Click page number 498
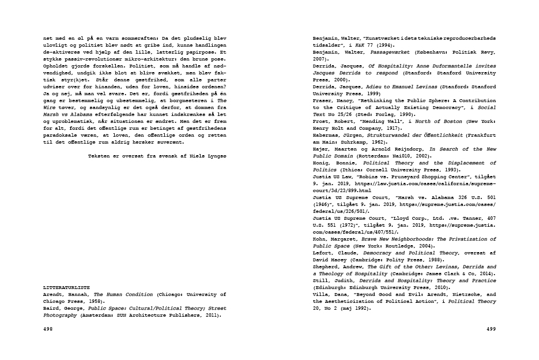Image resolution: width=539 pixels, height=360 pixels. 48,329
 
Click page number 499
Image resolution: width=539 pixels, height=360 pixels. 491,329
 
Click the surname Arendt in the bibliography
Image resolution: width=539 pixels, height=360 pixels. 54,293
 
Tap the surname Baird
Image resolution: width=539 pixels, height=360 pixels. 52,308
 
